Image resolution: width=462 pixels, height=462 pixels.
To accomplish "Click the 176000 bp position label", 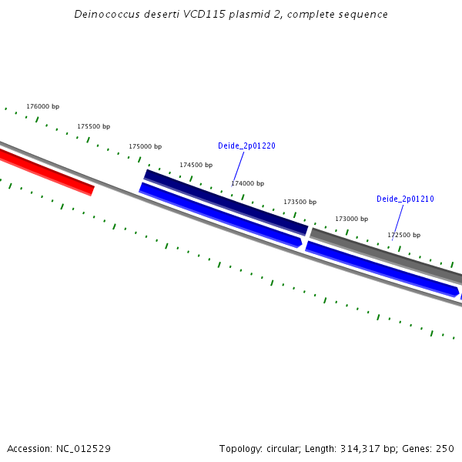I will [42, 106].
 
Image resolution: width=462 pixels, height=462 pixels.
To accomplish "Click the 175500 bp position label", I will [93, 126].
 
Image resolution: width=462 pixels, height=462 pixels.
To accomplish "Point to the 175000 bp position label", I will [145, 146].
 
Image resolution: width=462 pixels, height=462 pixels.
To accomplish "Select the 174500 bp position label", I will [196, 165].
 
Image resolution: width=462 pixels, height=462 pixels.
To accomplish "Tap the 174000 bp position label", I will [247, 183].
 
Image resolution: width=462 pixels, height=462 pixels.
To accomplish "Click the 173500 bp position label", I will [300, 202].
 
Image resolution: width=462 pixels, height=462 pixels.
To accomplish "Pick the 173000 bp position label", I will [351, 219].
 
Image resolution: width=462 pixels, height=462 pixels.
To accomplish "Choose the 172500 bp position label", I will [403, 235].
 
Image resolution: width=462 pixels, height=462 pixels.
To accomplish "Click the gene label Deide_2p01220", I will [246, 146].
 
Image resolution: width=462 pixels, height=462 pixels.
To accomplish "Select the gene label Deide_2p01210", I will [405, 199].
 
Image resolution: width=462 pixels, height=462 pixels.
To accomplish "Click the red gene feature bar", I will [46, 172].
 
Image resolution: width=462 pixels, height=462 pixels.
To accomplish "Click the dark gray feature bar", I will [385, 253].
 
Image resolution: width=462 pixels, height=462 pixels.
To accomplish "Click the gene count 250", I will [445, 448].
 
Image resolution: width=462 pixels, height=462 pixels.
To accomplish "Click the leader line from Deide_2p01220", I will [239, 166].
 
